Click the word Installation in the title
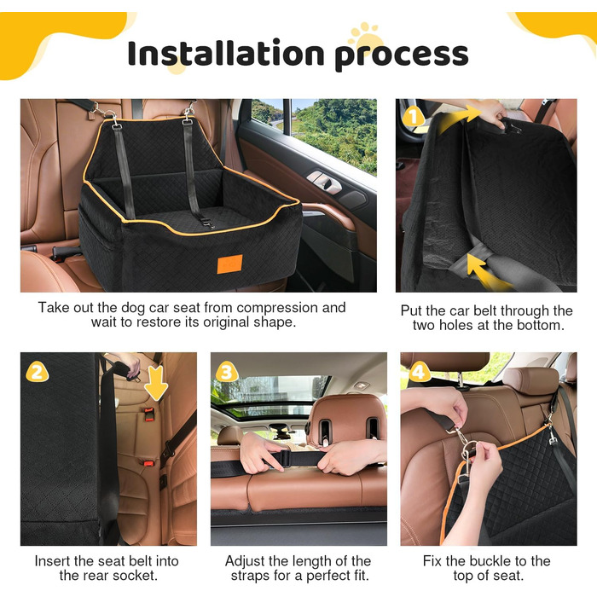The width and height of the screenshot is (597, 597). (226, 53)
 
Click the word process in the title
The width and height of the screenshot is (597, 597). (402, 57)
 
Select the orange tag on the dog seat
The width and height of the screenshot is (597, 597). (229, 264)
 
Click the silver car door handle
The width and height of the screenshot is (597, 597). (324, 181)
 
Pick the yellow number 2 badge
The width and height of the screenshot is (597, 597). (38, 372)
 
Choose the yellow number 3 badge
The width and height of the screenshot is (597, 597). (228, 372)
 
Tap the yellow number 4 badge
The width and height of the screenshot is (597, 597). (420, 372)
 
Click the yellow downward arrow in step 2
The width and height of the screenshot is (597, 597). (156, 384)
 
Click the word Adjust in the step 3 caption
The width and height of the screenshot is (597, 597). (245, 561)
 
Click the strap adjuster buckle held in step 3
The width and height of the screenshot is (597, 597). (286, 458)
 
